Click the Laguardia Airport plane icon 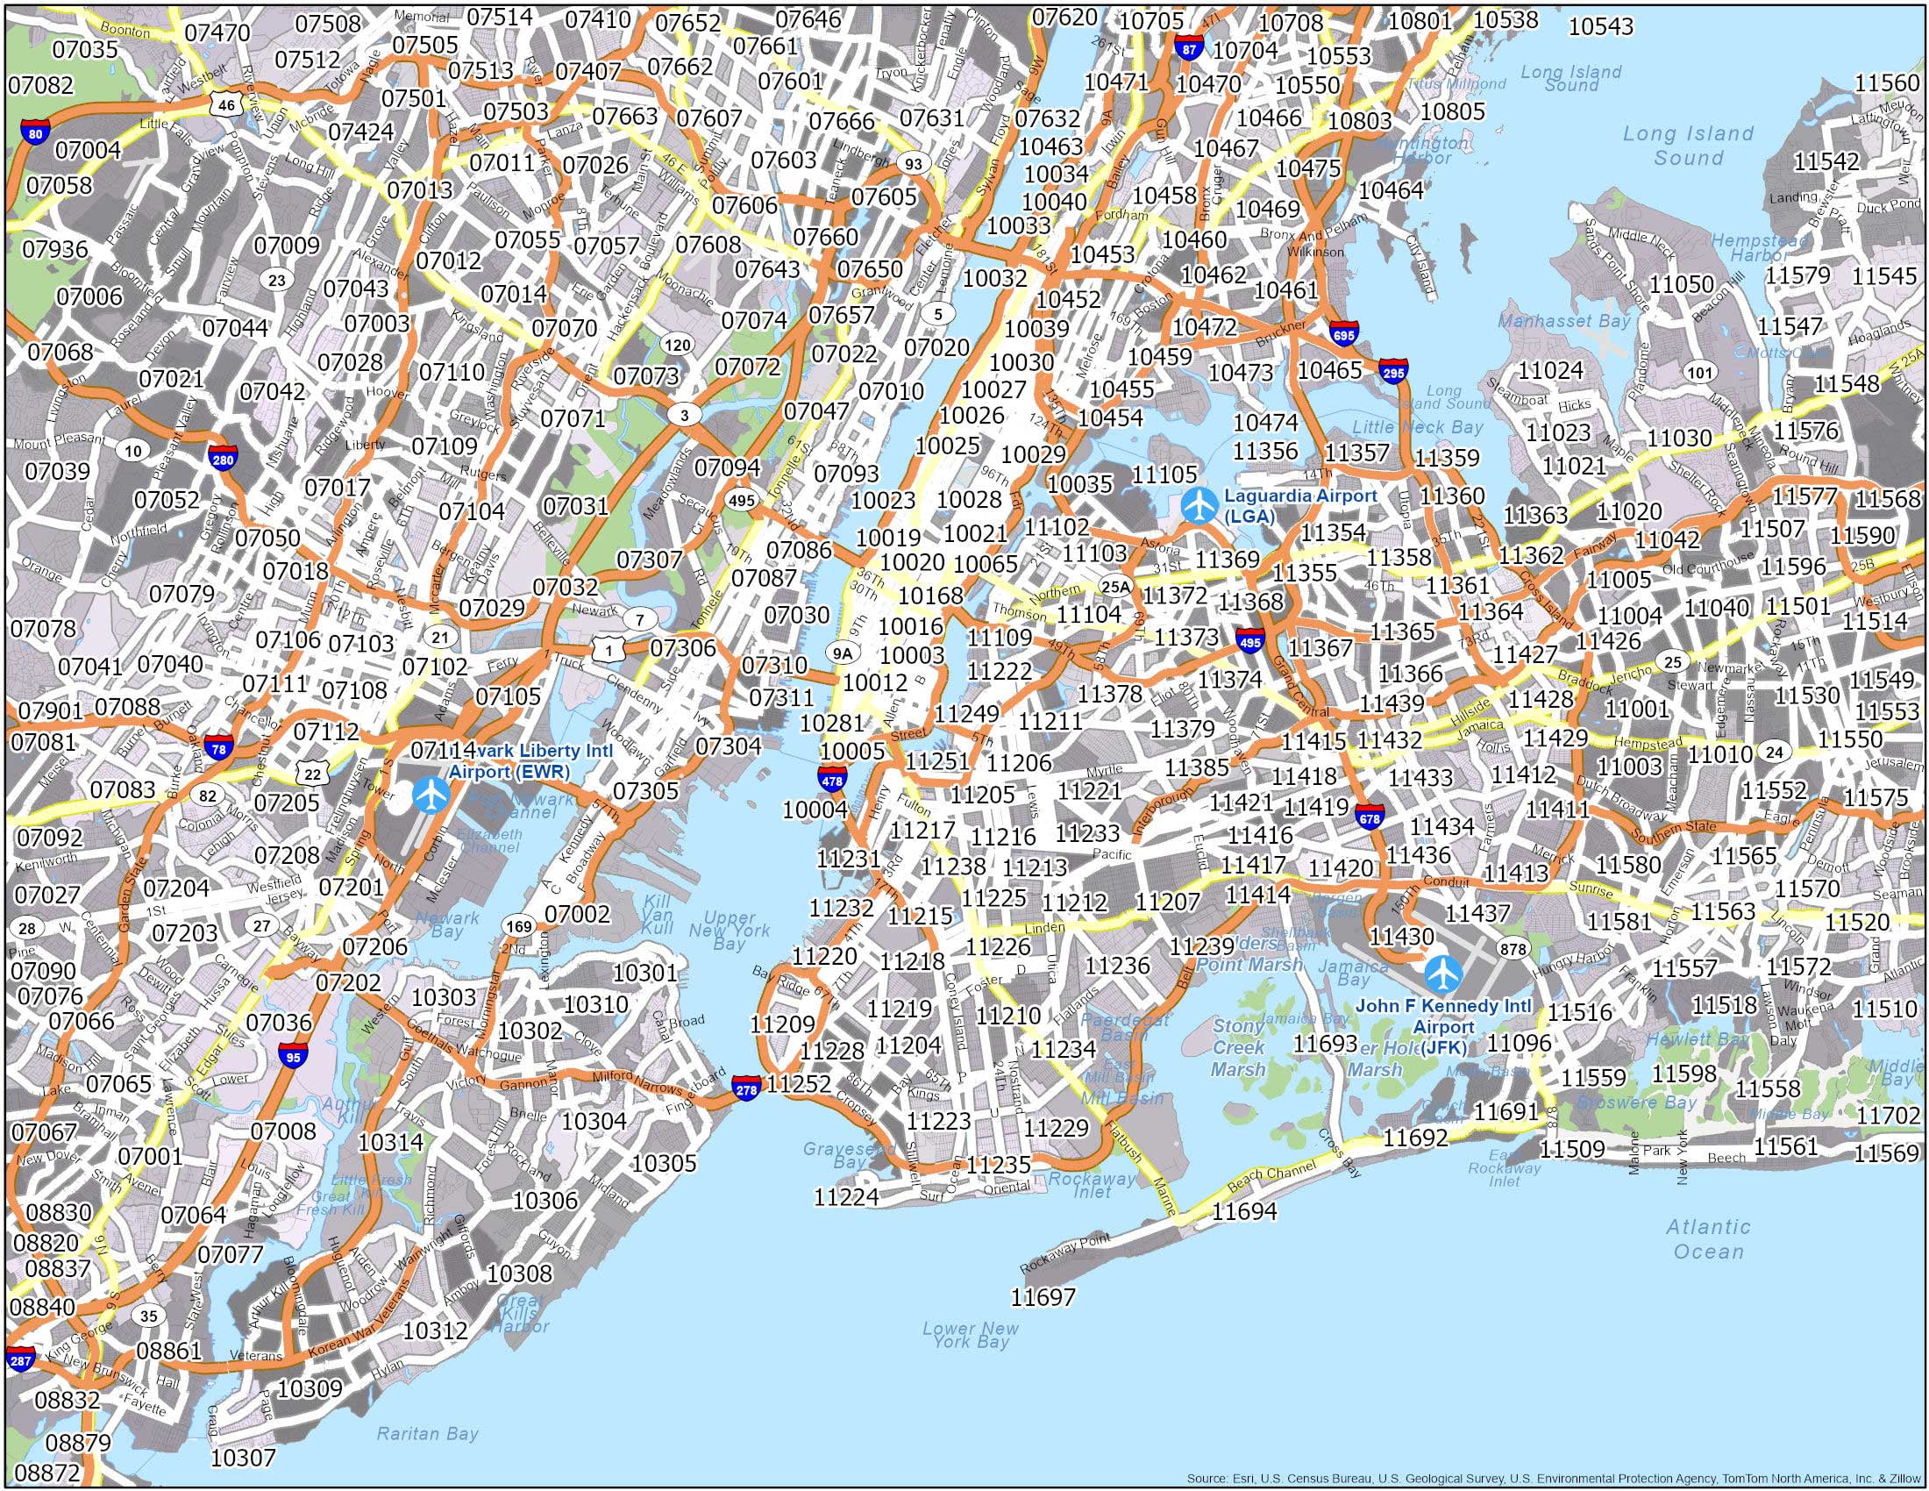[x=1199, y=506]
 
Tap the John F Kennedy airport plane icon [x=1442, y=974]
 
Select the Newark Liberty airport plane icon [x=431, y=794]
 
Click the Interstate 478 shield [x=832, y=779]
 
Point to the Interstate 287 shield [x=19, y=1359]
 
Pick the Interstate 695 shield [x=1343, y=333]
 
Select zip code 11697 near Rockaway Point [x=1043, y=1296]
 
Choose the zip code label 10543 [x=1600, y=26]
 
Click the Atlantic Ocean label [x=1707, y=1238]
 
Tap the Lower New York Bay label [x=970, y=1359]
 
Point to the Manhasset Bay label [x=1563, y=322]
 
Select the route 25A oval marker [x=1115, y=586]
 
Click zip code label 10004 [x=815, y=809]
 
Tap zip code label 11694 [x=1243, y=1211]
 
